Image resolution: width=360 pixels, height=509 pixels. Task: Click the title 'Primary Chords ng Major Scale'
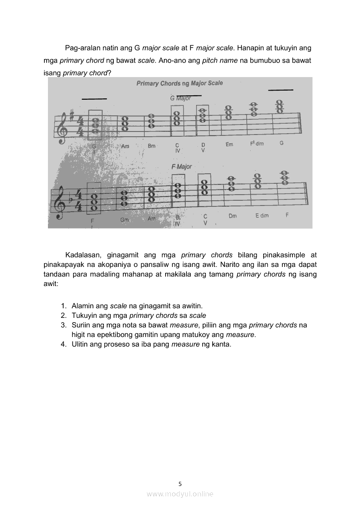pyautogui.click(x=180, y=83)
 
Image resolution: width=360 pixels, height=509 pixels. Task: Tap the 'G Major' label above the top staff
pyautogui.click(x=180, y=98)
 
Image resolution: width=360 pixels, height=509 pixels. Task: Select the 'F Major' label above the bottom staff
pyautogui.click(x=182, y=167)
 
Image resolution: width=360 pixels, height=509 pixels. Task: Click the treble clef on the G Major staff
pyautogui.click(x=63, y=127)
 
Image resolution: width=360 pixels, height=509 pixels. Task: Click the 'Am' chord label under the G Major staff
pyautogui.click(x=125, y=146)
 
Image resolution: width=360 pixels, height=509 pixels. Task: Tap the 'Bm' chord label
pyautogui.click(x=151, y=146)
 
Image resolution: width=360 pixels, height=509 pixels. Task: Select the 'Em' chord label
pyautogui.click(x=229, y=145)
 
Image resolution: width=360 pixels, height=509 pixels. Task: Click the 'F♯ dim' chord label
pyautogui.click(x=257, y=144)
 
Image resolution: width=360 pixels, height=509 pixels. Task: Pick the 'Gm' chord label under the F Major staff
pyautogui.click(x=125, y=220)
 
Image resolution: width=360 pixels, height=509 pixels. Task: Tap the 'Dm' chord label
pyautogui.click(x=232, y=216)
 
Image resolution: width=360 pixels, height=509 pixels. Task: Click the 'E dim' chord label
pyautogui.click(x=262, y=216)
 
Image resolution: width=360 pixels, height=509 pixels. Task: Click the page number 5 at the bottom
pyautogui.click(x=180, y=483)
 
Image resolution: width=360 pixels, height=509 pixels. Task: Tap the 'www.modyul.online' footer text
pyautogui.click(x=180, y=494)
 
